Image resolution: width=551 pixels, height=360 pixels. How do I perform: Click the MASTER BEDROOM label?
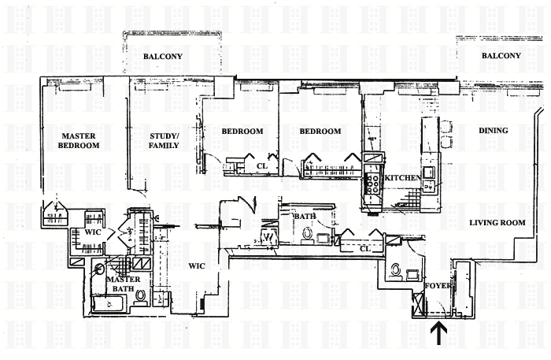[x=80, y=140]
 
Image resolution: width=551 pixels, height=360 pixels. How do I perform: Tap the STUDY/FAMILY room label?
[x=165, y=140]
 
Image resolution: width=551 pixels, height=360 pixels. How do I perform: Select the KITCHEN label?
[x=402, y=179]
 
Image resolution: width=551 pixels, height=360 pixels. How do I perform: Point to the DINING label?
[x=493, y=131]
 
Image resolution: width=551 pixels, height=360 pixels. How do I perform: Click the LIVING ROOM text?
[x=497, y=223]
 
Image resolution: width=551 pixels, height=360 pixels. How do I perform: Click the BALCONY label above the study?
[x=163, y=57]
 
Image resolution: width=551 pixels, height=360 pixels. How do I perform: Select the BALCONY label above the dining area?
[x=501, y=56]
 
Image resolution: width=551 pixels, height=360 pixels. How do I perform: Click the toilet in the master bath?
[x=140, y=297]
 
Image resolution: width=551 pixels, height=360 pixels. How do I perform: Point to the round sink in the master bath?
[x=98, y=268]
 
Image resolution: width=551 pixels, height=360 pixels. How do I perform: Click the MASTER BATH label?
[x=124, y=284]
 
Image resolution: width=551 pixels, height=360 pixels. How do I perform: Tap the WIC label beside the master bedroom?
[x=83, y=232]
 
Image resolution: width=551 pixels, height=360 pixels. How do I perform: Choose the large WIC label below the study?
[x=197, y=265]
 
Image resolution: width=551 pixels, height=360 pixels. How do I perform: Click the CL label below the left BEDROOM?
[x=263, y=166]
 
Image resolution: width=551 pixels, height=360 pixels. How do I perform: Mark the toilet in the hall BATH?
[x=307, y=233]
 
